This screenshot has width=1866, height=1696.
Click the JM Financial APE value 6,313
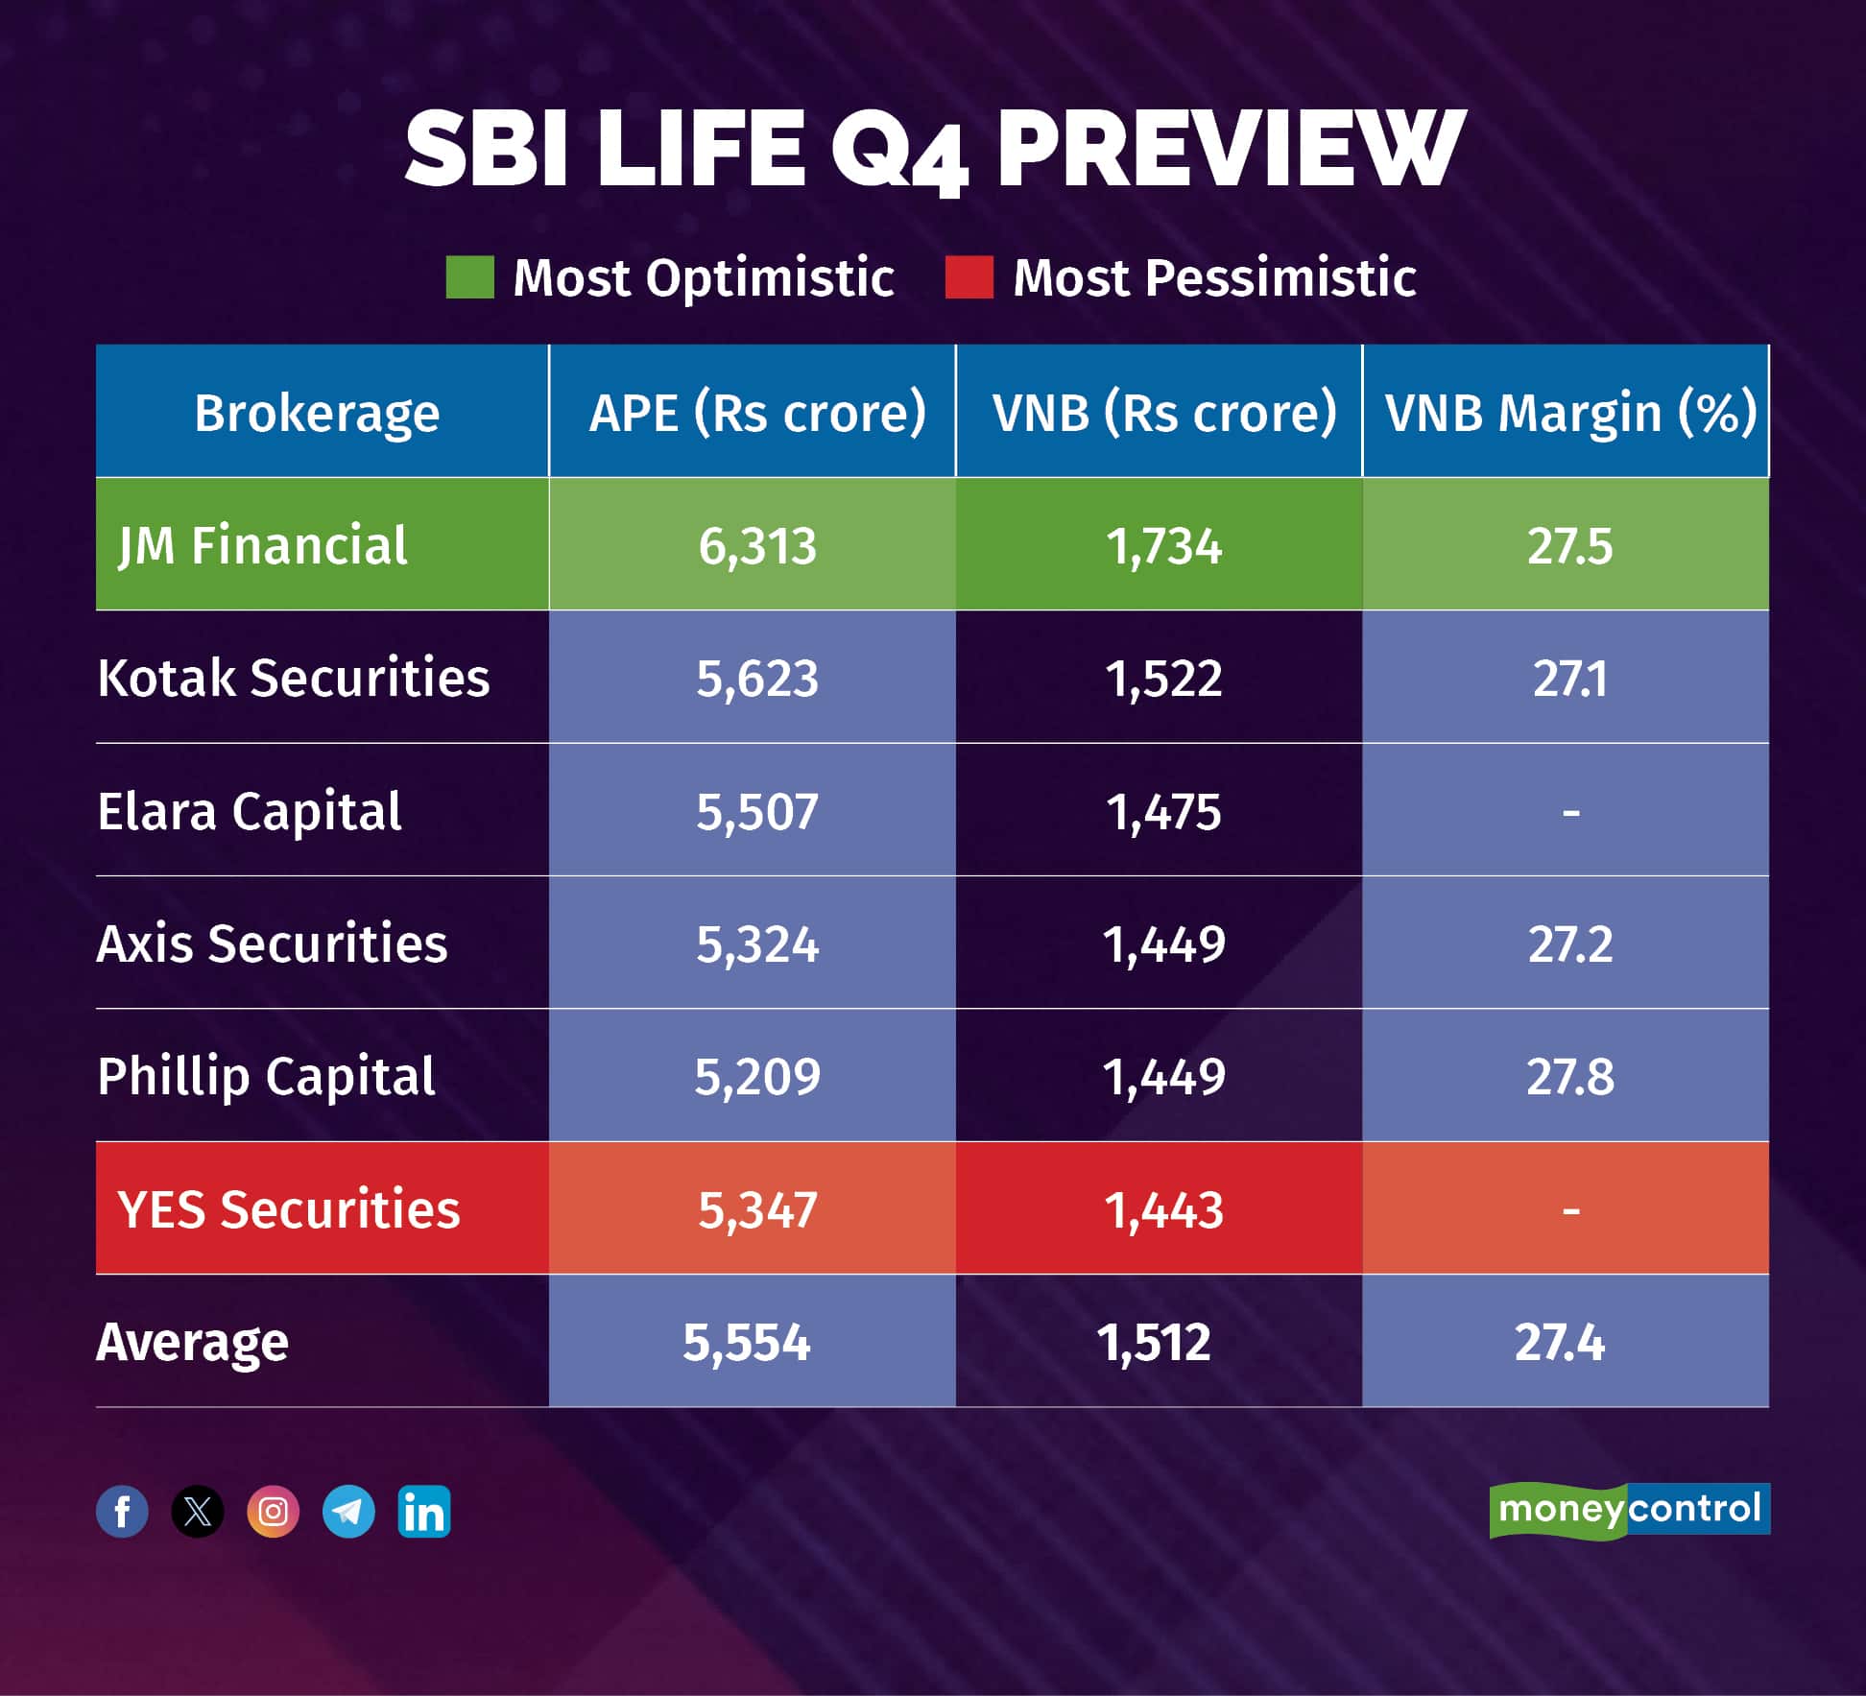756,546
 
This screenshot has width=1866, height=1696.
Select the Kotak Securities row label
294,678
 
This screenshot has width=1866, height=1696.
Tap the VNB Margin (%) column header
1570,414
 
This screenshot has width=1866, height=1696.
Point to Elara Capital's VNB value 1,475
1163,812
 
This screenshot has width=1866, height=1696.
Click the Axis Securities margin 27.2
1569,944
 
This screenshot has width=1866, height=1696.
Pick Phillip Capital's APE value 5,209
756,1077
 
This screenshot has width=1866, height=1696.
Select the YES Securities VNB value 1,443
1163,1210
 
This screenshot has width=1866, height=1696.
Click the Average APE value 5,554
746,1343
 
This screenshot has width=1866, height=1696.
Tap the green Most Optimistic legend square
469,278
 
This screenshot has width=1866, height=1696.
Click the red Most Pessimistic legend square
969,278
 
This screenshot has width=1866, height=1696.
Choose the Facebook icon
122,1512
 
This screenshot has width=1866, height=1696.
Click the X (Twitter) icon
197,1512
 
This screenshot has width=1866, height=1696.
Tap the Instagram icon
273,1512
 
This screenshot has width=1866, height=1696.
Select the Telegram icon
348,1512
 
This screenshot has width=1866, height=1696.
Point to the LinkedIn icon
423,1512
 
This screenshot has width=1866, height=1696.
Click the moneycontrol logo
1629,1510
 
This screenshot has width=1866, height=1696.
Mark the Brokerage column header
317,414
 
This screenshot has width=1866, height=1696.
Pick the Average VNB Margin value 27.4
1559,1343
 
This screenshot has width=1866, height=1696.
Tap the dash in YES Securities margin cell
1570,1210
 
